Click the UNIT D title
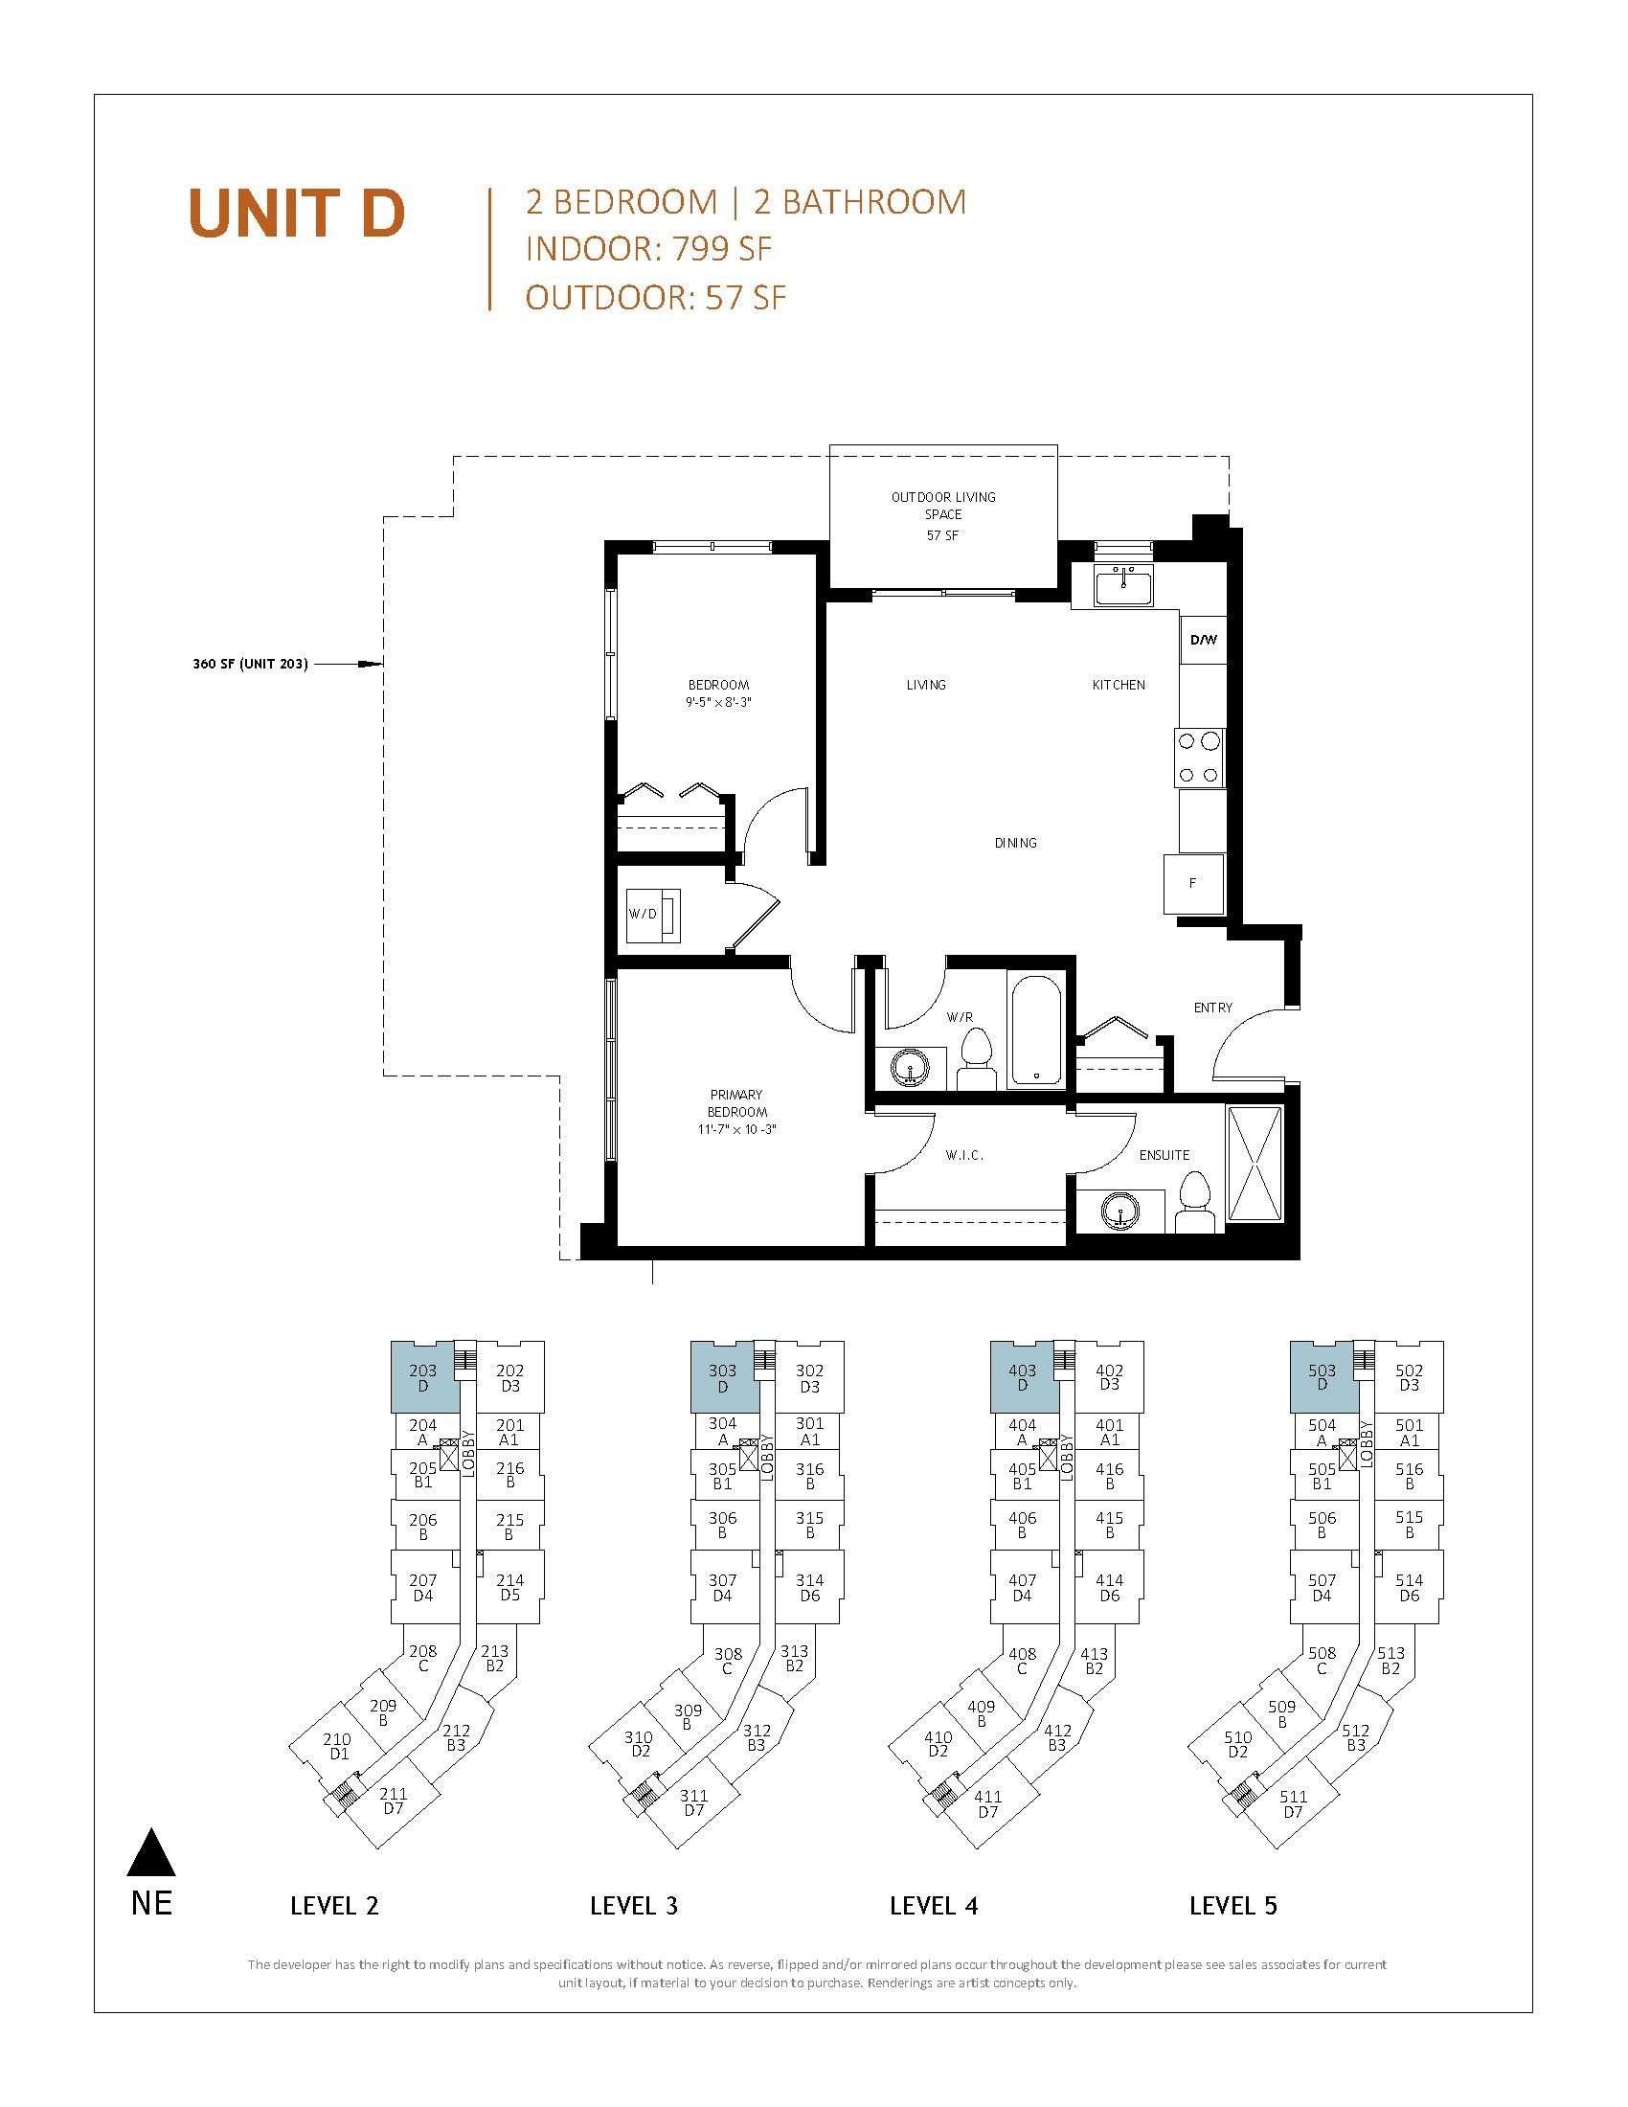[297, 214]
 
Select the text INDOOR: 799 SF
[649, 249]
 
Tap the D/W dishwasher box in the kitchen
[1203, 640]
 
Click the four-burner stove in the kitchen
[1199, 758]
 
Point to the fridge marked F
[1194, 883]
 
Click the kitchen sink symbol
[1123, 586]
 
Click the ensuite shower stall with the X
[1255, 1166]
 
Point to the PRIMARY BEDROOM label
[735, 1102]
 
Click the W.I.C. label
[963, 1155]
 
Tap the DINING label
[1015, 842]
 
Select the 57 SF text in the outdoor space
[942, 535]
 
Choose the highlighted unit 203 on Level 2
[422, 1377]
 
